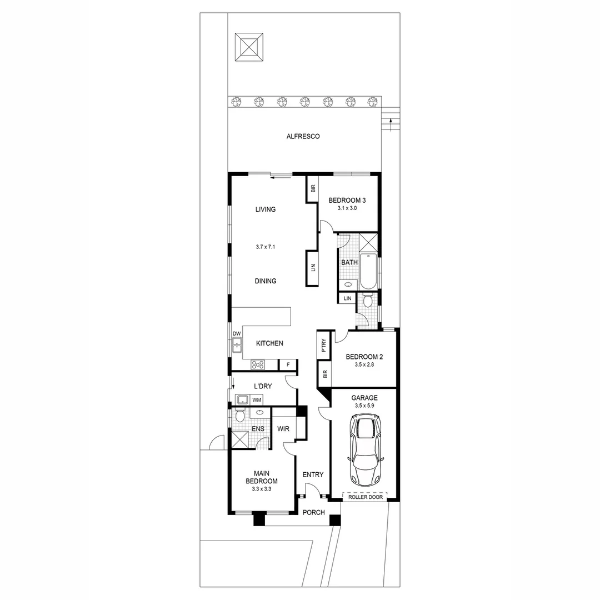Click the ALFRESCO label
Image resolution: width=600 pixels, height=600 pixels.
tap(303, 136)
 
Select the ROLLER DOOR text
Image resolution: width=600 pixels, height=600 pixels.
tap(365, 498)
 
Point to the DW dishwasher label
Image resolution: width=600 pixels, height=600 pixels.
tap(237, 334)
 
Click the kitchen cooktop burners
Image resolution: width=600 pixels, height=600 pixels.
tap(257, 365)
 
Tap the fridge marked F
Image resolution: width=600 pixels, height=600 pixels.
tap(288, 365)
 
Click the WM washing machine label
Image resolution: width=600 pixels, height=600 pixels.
tap(257, 400)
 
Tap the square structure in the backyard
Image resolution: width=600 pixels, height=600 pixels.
tap(249, 47)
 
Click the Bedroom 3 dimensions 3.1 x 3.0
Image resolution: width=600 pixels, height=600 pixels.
tap(347, 208)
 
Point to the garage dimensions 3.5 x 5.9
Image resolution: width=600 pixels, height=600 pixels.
tap(364, 406)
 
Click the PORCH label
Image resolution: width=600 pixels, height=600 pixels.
tap(314, 512)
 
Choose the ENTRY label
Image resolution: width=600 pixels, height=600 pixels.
tap(313, 474)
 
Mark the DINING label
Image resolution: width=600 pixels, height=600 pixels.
tap(266, 281)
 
